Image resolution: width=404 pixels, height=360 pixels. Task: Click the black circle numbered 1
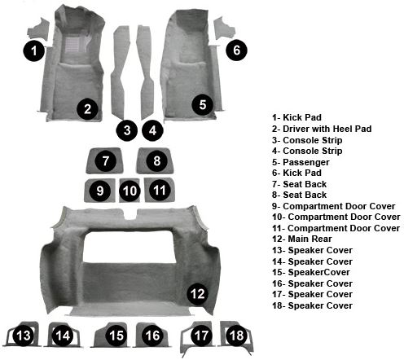[33, 50]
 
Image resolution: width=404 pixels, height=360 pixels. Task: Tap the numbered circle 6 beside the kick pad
[236, 50]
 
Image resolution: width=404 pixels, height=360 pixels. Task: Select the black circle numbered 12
[198, 294]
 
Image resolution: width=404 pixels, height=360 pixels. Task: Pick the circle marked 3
[127, 130]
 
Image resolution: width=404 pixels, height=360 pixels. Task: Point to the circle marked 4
[153, 130]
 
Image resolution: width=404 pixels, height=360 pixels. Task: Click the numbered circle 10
[130, 191]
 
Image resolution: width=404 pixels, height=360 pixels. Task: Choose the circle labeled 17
[201, 336]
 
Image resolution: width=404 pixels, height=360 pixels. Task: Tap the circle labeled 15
[116, 336]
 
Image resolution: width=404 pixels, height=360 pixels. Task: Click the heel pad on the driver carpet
[72, 44]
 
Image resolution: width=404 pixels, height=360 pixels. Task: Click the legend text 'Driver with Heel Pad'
[327, 129]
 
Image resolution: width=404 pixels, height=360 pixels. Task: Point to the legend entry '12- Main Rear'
[302, 239]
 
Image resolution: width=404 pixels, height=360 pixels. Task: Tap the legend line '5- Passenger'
[301, 162]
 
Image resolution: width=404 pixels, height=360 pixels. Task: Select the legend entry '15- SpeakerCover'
[311, 272]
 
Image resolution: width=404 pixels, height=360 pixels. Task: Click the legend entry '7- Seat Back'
[299, 184]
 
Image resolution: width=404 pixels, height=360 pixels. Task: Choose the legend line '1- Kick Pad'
[296, 117]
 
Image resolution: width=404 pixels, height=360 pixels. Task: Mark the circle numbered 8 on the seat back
[157, 161]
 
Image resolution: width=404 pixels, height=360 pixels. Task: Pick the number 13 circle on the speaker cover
[24, 336]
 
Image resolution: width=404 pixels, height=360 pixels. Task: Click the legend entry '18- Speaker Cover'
[312, 305]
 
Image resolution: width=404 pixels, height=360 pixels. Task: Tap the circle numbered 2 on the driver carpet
[87, 109]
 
